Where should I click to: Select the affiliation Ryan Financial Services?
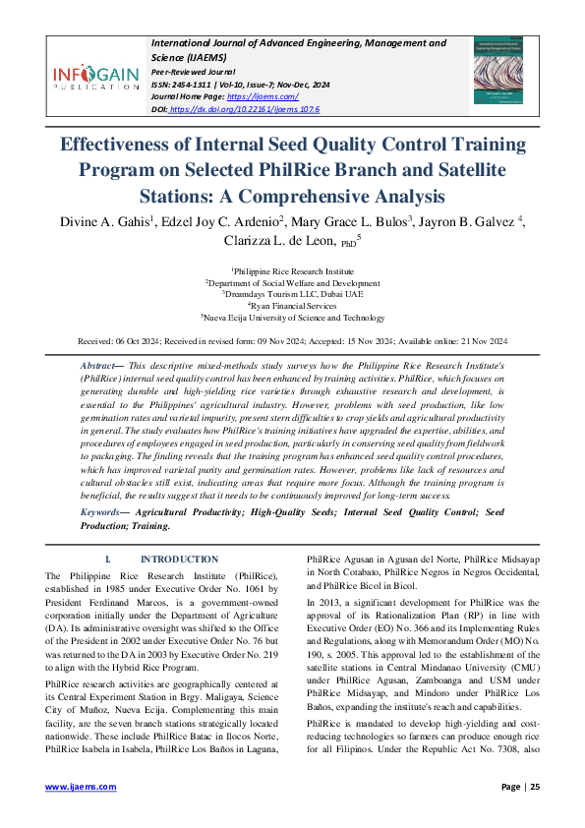pos(293,305)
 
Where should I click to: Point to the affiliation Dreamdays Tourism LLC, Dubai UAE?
pos(293,293)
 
